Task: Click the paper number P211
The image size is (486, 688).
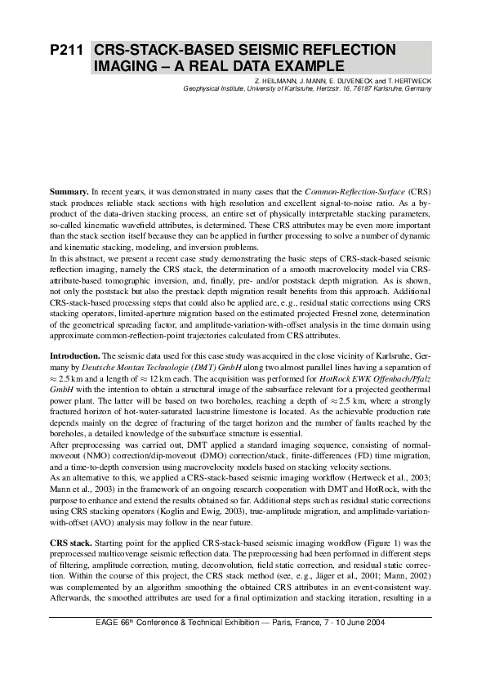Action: (67, 51)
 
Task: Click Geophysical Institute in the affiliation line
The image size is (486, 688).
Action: (215, 90)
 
